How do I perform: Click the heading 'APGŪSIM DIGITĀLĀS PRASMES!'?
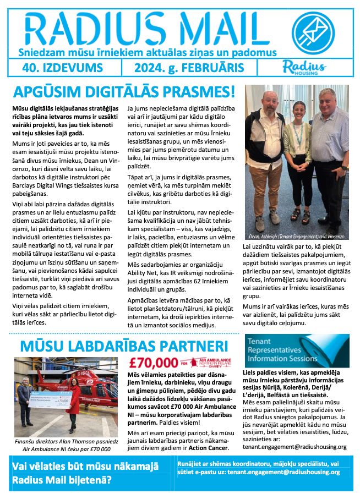coord(124,92)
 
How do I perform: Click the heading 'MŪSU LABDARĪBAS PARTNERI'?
coord(124,346)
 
